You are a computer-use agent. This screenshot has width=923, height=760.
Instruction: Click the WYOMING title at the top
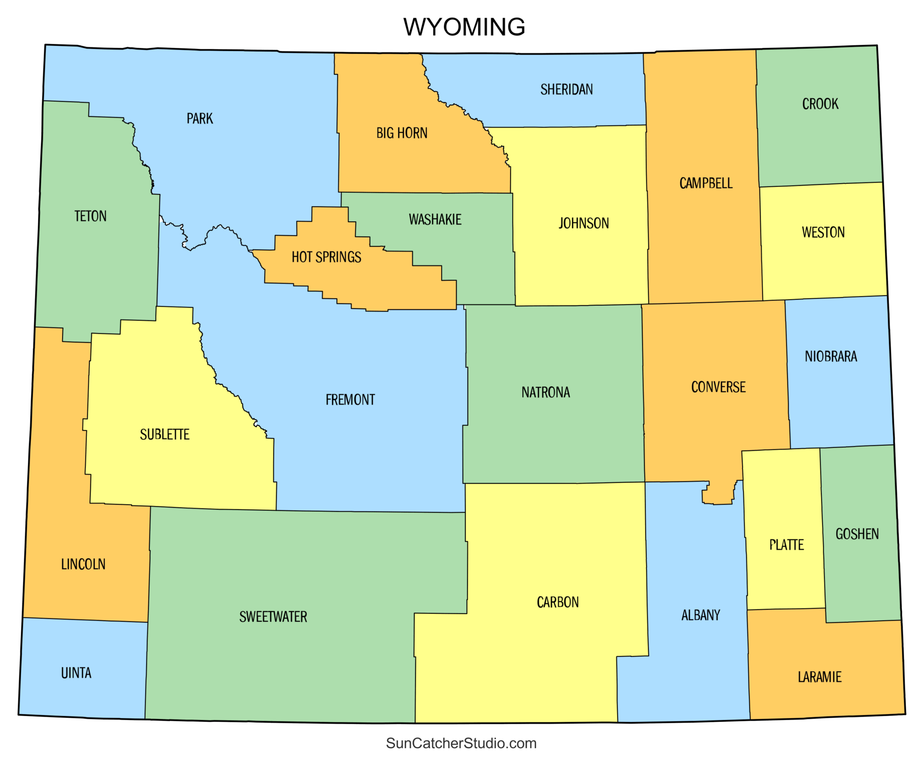[464, 27]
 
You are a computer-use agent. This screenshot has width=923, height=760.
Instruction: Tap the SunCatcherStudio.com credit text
[461, 743]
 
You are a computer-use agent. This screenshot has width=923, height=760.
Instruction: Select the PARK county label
[199, 119]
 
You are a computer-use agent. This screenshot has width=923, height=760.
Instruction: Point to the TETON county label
[90, 216]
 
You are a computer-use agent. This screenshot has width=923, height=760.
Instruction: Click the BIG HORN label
[402, 133]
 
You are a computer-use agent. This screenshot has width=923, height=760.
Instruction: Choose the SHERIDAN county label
[567, 90]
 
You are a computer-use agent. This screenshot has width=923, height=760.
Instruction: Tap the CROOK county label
[820, 104]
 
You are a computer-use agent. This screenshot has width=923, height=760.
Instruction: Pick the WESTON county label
[823, 232]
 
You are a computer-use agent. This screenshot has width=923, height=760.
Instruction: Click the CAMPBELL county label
[706, 183]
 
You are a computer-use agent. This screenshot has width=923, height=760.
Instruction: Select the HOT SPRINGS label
[327, 257]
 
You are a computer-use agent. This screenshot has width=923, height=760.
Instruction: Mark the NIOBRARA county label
[831, 357]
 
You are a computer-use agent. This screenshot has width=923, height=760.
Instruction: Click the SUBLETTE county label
[164, 435]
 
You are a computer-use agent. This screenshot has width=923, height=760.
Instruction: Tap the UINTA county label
[76, 673]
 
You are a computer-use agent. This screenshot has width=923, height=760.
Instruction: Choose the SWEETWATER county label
[273, 617]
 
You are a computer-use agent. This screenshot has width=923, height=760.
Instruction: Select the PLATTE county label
[786, 545]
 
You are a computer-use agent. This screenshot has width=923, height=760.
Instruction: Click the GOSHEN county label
[857, 534]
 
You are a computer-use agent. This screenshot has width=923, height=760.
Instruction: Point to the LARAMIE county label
[819, 677]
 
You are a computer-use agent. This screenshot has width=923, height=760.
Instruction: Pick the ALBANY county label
[700, 615]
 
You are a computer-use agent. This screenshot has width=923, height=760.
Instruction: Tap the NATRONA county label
[545, 393]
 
